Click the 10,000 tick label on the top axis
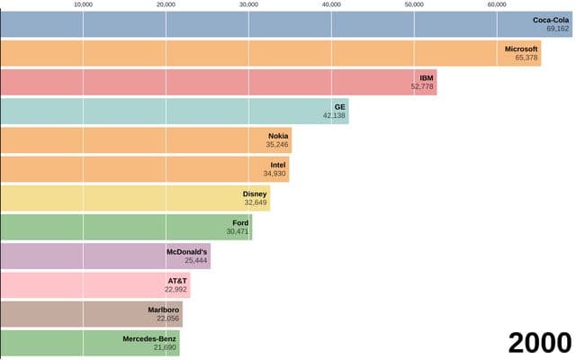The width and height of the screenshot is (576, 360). coord(83,4)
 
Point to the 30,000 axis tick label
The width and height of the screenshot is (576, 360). coord(248,4)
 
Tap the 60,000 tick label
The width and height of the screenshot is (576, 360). coord(497,4)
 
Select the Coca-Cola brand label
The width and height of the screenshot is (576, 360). coord(551,20)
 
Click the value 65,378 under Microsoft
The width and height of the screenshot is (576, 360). coord(526,58)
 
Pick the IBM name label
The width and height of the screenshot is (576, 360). coord(427,78)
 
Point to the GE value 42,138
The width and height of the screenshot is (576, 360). coord(334,116)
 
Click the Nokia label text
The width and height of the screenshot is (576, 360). coord(278,136)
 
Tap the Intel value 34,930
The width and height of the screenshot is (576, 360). coord(274,174)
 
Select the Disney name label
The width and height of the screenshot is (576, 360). coord(255,194)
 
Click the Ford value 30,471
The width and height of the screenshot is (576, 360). coord(238,231)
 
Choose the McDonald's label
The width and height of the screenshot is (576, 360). coord(186,252)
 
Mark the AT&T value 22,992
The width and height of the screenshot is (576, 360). coord(175,290)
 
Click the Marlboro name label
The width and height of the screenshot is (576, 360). coord(164,310)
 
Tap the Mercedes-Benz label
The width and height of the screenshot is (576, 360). coord(149,338)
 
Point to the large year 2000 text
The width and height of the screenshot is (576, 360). coord(540,343)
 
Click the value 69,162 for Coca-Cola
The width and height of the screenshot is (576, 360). coord(558,29)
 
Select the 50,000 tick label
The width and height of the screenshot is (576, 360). coord(414,4)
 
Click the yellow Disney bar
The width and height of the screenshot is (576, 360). coord(135,198)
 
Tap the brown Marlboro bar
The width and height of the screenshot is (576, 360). coord(91,314)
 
